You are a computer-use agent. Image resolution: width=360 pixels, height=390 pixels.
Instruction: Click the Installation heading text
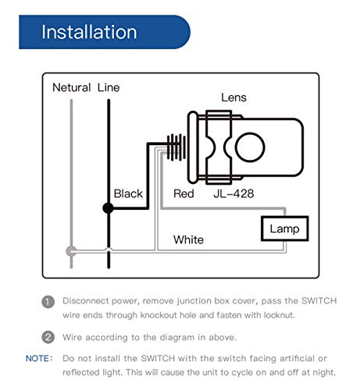click(89, 32)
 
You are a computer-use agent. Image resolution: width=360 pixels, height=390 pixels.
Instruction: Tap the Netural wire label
click(71, 87)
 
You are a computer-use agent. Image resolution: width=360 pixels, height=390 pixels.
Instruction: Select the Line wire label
click(109, 87)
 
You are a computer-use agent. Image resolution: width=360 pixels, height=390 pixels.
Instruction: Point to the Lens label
click(233, 97)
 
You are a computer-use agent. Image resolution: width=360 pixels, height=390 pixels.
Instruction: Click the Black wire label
click(129, 193)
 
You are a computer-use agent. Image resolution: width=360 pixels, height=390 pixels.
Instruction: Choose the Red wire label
click(183, 193)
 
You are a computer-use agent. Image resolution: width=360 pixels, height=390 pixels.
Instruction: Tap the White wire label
click(188, 239)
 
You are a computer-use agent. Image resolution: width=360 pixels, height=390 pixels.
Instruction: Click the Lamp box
click(284, 229)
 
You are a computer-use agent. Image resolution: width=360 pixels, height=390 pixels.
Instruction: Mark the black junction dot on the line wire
click(109, 208)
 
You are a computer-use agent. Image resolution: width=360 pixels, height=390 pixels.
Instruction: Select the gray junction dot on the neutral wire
click(71, 251)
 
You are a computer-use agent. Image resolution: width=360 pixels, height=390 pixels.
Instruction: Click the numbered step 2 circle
click(48, 337)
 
